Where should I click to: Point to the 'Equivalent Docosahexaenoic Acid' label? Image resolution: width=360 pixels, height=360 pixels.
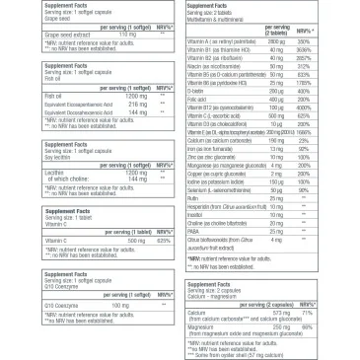[x=53, y=111]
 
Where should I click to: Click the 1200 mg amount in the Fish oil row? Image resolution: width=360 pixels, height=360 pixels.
[x=109, y=93]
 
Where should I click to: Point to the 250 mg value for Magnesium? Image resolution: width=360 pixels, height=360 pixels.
[x=282, y=327]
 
